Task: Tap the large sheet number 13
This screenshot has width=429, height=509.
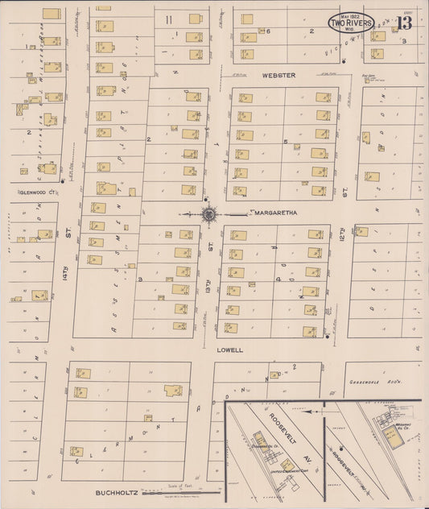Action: point(414,22)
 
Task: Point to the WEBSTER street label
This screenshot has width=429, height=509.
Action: point(278,75)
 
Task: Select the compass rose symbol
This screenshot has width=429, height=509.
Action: point(209,213)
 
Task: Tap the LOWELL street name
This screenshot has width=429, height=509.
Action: point(229,351)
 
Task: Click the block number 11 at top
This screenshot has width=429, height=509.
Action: point(169,19)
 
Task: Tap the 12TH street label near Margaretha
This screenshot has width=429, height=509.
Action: point(341,234)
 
